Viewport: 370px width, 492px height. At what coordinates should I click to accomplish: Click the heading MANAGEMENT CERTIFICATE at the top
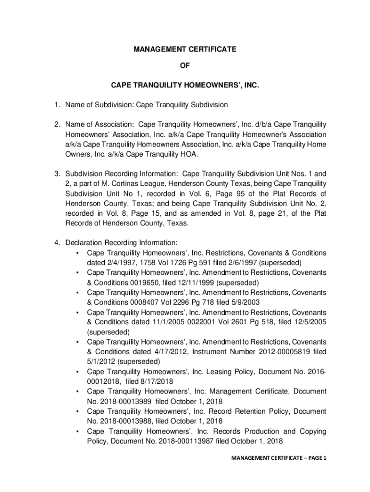185,49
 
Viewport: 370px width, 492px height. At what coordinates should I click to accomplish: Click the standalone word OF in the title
185,68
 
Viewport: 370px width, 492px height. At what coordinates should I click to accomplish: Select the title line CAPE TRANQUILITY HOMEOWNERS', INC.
185,86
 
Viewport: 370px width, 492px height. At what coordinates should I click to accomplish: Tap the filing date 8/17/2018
156,381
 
